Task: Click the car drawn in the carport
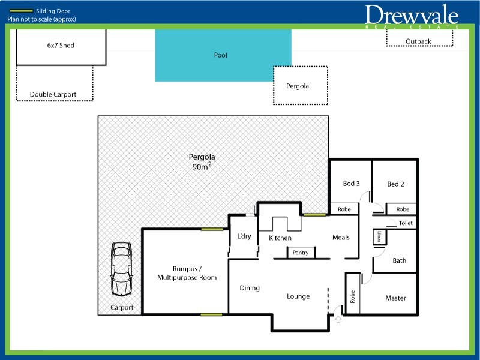click(122, 269)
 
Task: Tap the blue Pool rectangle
click(223, 55)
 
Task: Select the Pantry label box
click(301, 253)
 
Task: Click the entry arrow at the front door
click(338, 319)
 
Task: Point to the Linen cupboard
click(380, 237)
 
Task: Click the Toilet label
click(406, 223)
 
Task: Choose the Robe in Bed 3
click(344, 209)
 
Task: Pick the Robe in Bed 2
click(402, 209)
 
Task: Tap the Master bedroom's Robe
click(353, 294)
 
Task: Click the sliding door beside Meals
click(314, 215)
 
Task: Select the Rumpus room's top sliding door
click(212, 229)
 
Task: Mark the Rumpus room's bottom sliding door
click(211, 314)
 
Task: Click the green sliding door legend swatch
click(21, 11)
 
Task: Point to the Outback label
click(418, 41)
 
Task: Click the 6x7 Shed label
click(61, 46)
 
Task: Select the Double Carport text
click(53, 94)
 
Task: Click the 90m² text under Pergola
click(202, 166)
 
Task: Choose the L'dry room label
click(244, 236)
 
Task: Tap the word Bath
click(399, 260)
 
